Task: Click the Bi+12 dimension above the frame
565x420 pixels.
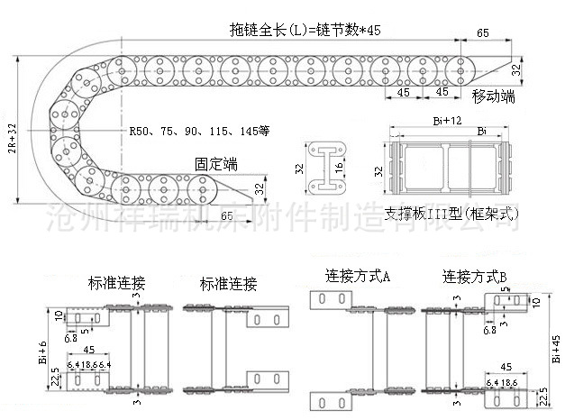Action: click(448, 121)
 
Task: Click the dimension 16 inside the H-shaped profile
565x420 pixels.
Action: click(339, 169)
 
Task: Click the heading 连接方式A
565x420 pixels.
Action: click(358, 276)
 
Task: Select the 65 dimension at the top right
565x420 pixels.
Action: click(483, 32)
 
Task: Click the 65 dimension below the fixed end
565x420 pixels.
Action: click(226, 215)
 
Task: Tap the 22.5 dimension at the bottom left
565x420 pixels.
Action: click(55, 378)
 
